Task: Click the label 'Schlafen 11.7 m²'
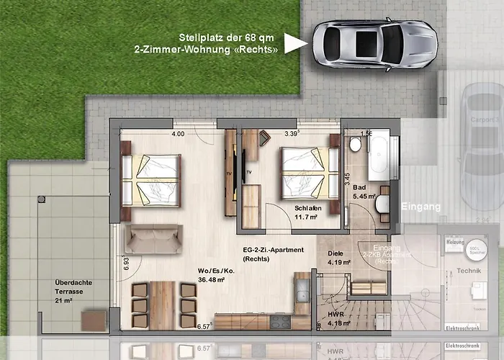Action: click(308, 213)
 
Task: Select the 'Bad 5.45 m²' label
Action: click(360, 192)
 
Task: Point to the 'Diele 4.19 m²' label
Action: click(338, 258)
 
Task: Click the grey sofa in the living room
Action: click(153, 238)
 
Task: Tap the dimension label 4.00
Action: click(178, 134)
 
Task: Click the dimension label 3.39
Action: click(291, 134)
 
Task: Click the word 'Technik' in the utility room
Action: click(469, 271)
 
